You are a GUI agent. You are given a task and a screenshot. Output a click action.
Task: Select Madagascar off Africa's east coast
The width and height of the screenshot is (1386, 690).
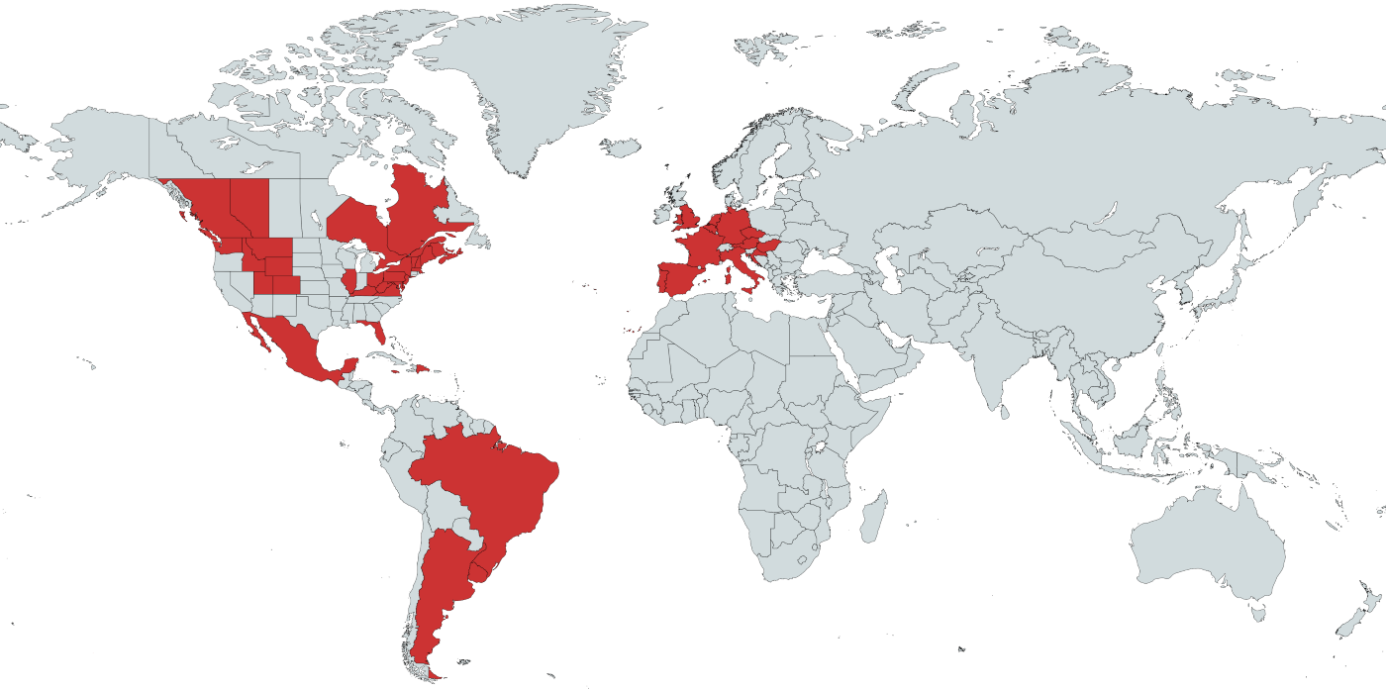pyautogui.click(x=872, y=511)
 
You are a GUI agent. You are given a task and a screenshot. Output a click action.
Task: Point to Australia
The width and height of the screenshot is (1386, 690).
pyautogui.click(x=1208, y=544)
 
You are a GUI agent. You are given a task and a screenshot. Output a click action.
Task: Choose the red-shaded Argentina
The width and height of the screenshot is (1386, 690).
pyautogui.click(x=441, y=584)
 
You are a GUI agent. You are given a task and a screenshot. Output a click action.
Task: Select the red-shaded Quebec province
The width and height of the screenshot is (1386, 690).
pyautogui.click(x=416, y=213)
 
